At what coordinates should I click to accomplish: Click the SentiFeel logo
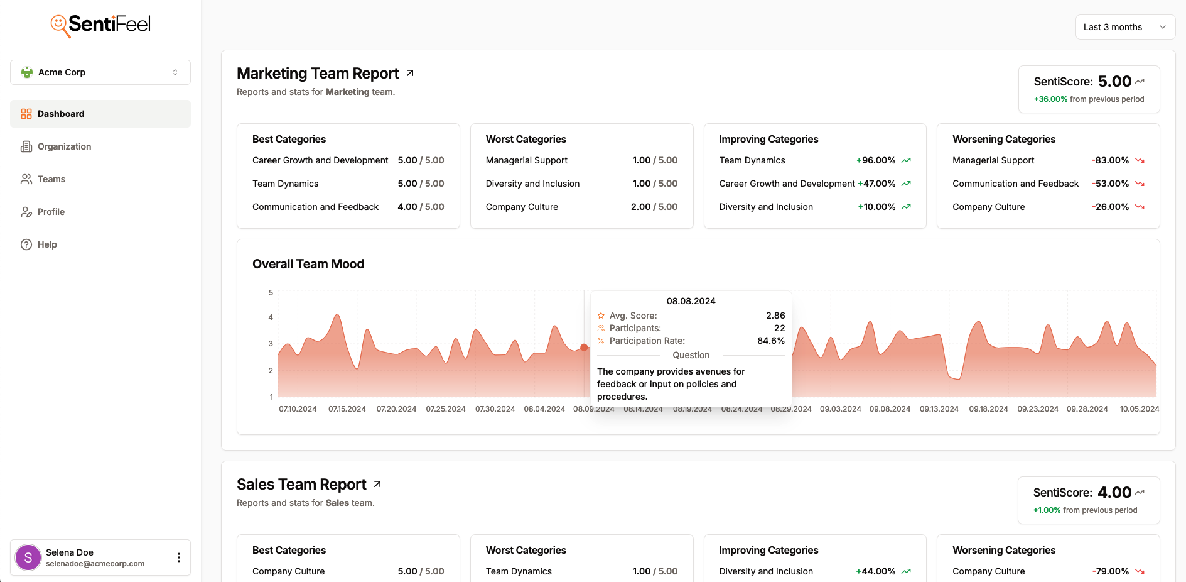pos(100,25)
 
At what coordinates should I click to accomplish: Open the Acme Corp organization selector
pos(100,72)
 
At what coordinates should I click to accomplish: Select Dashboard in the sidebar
pos(60,114)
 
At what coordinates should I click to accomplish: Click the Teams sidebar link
pos(51,179)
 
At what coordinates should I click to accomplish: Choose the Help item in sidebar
pos(46,244)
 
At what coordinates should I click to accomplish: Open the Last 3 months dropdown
pos(1124,27)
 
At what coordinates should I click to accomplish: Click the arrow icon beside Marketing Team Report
pos(410,74)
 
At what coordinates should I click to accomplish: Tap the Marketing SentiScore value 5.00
pos(1114,82)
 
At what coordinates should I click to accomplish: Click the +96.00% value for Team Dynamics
pos(876,160)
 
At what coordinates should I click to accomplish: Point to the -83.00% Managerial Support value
pos(1110,160)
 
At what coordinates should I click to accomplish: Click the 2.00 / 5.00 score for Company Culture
pos(654,207)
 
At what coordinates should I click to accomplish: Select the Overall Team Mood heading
pos(308,264)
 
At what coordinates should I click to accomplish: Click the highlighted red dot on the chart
pos(584,348)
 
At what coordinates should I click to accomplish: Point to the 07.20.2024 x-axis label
pos(396,409)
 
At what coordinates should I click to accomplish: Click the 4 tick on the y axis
pos(271,317)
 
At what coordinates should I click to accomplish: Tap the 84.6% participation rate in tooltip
pos(770,341)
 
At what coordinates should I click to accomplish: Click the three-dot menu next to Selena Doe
pos(179,557)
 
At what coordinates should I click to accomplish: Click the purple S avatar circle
pos(28,557)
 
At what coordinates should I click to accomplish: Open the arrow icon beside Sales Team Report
pos(377,485)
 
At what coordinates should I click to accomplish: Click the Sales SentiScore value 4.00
pos(1114,493)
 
